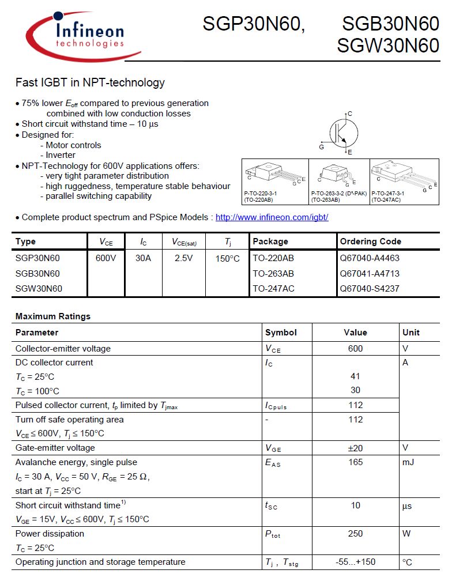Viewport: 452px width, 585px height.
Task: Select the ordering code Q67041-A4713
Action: pyautogui.click(x=370, y=273)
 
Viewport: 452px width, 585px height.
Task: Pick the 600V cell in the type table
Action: pyautogui.click(x=106, y=258)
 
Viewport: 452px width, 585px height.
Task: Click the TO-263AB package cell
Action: pyautogui.click(x=273, y=273)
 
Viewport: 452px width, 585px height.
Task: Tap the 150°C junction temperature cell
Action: pyautogui.click(x=228, y=259)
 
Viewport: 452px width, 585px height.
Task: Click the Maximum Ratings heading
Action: pyautogui.click(x=53, y=316)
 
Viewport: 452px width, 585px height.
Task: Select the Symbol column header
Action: pyautogui.click(x=281, y=333)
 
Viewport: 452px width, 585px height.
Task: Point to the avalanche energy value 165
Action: pyautogui.click(x=355, y=462)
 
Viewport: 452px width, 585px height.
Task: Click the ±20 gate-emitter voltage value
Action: pyautogui.click(x=355, y=448)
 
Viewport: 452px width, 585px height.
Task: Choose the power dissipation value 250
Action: pyautogui.click(x=355, y=534)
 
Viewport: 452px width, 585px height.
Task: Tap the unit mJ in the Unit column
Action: pyautogui.click(x=408, y=462)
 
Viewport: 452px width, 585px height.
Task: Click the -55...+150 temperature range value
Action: pyautogui.click(x=355, y=562)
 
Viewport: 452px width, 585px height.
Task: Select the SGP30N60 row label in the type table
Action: pyautogui.click(x=37, y=258)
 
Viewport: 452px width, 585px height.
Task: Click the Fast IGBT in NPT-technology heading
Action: pyautogui.click(x=90, y=82)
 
